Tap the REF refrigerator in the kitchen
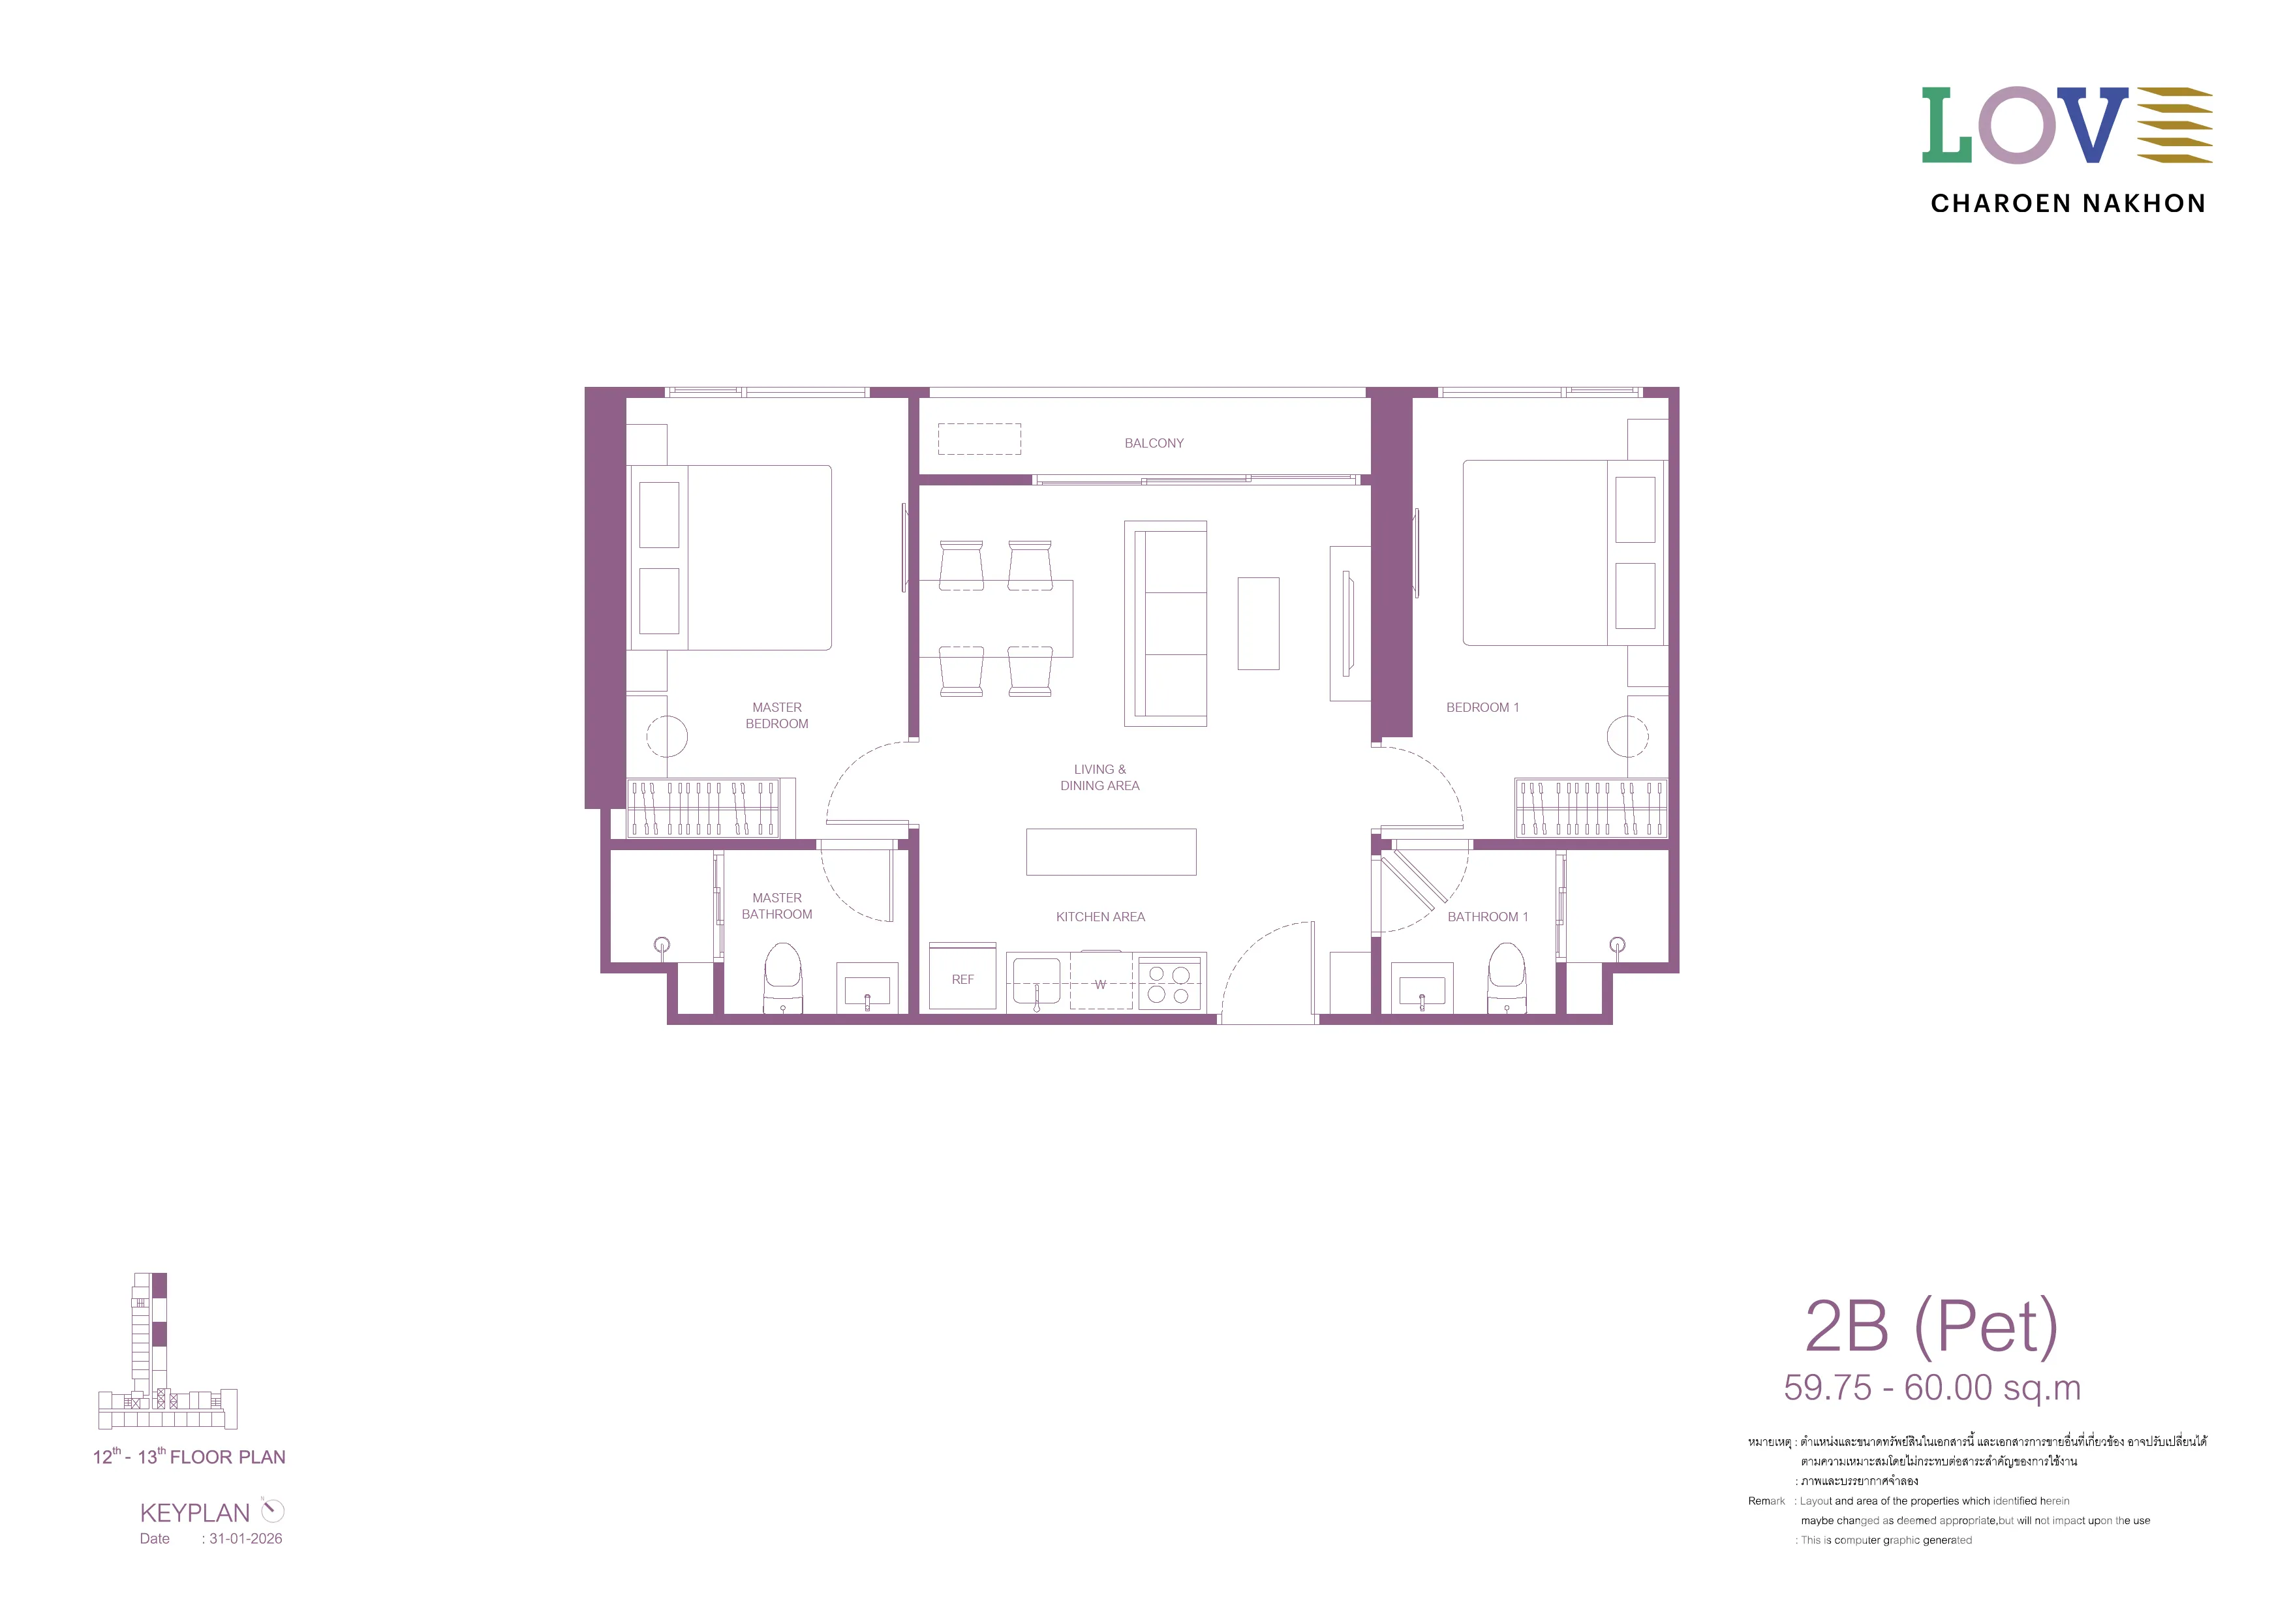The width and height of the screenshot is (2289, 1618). [962, 977]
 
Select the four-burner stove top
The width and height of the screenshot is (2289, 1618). [1169, 983]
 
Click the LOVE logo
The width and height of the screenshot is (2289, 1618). [2066, 126]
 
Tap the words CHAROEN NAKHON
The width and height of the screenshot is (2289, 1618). [2068, 204]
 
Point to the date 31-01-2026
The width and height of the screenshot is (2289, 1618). [245, 1538]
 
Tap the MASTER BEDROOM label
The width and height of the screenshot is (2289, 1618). [776, 716]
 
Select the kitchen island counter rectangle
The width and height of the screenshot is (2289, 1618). [1111, 852]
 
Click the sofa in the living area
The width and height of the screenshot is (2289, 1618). [1165, 623]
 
